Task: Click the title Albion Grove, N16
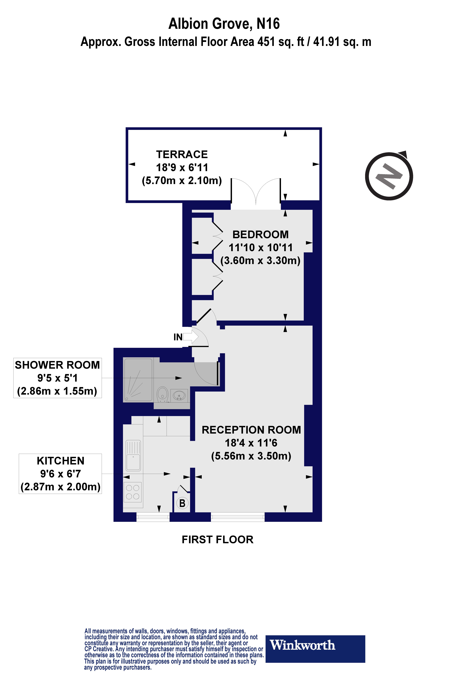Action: pos(224,24)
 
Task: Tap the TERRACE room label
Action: pos(182,154)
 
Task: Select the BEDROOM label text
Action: pos(260,235)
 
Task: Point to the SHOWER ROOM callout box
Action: pos(57,378)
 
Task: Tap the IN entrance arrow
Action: pos(190,337)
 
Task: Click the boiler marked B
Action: pos(182,503)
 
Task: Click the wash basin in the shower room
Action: pos(179,395)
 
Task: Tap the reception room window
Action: pos(238,517)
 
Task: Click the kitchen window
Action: pos(153,517)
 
